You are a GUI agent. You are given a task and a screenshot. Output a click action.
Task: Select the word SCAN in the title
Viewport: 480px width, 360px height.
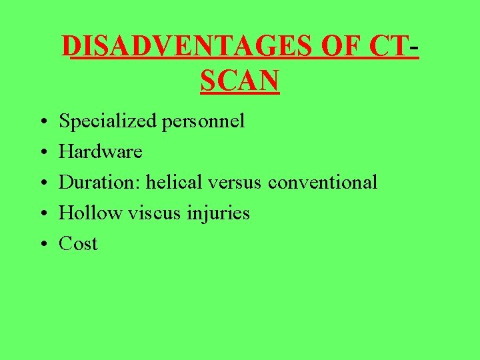239,81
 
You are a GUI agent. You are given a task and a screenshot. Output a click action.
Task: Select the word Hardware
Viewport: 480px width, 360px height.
101,152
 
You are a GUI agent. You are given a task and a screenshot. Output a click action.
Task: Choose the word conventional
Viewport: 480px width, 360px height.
325,182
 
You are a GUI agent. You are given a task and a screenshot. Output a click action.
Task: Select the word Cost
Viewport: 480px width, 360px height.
78,244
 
